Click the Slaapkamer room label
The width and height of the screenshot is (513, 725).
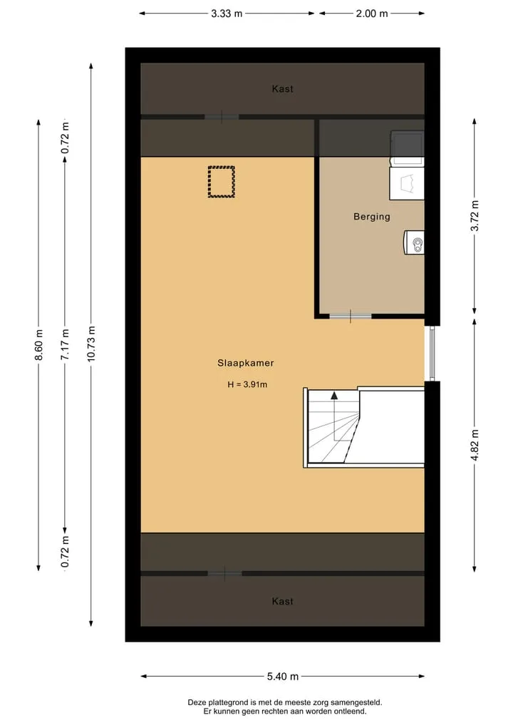pos(245,363)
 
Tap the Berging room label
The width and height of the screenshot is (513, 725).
pos(372,217)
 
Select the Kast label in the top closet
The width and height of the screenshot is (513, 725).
pos(282,89)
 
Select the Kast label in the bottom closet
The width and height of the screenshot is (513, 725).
pos(282,601)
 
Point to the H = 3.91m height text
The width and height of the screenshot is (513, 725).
pos(247,384)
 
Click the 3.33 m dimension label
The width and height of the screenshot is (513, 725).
pos(227,14)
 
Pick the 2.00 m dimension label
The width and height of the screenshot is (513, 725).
pos(372,14)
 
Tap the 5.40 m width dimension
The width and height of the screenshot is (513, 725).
pos(282,677)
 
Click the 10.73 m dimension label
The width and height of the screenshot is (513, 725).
pos(91,344)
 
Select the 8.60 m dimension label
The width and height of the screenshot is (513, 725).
pos(38,345)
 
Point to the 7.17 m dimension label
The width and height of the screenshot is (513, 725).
pos(65,344)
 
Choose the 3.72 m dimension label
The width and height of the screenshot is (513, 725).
pos(475,216)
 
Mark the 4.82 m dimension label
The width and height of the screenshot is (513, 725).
pos(475,445)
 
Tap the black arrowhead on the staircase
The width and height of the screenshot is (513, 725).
pos(334,396)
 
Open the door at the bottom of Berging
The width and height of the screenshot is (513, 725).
pos(351,317)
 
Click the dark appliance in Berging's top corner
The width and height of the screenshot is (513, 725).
pos(407,144)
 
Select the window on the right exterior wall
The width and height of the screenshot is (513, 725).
pos(432,354)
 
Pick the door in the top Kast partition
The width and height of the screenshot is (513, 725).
pos(222,116)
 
